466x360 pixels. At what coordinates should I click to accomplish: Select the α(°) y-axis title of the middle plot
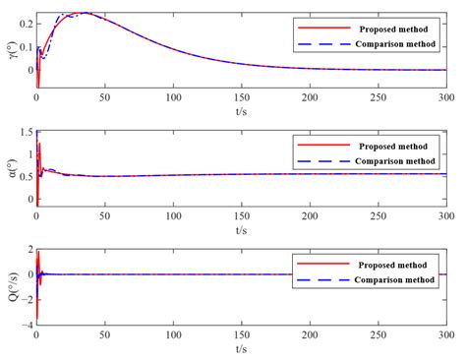11,168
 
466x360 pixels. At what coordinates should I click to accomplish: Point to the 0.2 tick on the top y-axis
26,22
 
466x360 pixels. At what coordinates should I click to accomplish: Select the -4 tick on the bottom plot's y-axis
28,325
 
